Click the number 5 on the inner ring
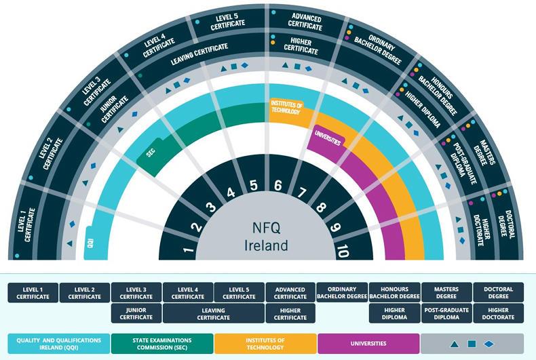pyautogui.click(x=252, y=184)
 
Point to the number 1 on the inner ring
pyautogui.click(x=189, y=252)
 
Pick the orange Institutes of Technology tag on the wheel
pyautogui.click(x=284, y=108)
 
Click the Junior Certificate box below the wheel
pyautogui.click(x=136, y=313)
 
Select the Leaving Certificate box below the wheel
pyautogui.click(x=213, y=313)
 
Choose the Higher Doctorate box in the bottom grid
pyautogui.click(x=499, y=313)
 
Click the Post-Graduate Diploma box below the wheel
pyautogui.click(x=446, y=313)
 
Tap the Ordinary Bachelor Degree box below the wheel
pyautogui.click(x=342, y=292)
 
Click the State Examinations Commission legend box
pyautogui.click(x=162, y=343)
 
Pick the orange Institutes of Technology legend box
pyautogui.click(x=265, y=343)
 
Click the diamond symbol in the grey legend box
pyautogui.click(x=489, y=344)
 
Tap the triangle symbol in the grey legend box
pyautogui.click(x=455, y=344)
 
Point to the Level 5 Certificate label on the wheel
pyautogui.click(x=227, y=22)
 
